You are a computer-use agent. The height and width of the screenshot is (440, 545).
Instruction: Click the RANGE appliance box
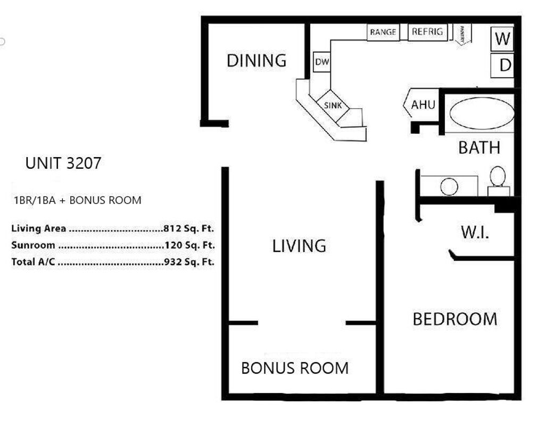point(383,32)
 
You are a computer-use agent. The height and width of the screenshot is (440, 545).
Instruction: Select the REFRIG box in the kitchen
point(427,32)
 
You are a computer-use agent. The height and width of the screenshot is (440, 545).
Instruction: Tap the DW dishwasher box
point(322,62)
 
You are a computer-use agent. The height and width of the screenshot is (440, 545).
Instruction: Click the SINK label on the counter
point(333,105)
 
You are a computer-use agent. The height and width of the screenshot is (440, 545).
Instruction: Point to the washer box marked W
point(502,39)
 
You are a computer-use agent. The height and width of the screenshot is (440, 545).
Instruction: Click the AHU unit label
point(423,105)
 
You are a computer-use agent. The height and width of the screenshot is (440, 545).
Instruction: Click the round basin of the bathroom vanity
point(449,186)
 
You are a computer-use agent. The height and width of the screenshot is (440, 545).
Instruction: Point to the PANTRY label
point(463,35)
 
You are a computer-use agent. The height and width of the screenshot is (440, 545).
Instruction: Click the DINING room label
point(257,61)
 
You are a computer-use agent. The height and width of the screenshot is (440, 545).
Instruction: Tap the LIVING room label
point(299,246)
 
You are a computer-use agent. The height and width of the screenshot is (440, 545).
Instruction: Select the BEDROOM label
point(455,319)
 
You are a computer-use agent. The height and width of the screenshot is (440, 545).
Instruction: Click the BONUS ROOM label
point(295,368)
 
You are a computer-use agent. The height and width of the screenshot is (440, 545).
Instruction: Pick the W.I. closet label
point(474,233)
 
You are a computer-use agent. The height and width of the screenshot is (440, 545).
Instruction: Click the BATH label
point(479,148)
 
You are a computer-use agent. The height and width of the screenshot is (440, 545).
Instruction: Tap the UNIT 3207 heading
point(63,163)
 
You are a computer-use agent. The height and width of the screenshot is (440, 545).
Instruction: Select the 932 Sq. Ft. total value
point(189,263)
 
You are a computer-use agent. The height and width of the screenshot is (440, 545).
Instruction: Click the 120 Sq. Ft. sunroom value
point(189,246)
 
